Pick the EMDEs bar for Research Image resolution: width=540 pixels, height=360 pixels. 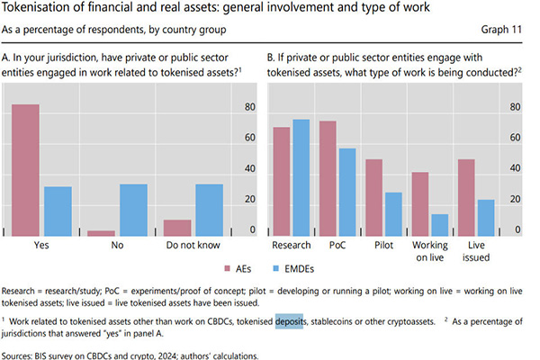tap(301, 177)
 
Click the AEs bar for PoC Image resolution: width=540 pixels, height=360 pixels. tap(328, 178)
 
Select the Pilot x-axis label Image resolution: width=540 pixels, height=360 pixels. tap(382, 244)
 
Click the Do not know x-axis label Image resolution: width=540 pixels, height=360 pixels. tap(192, 244)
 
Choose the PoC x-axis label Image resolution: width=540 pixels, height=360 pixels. tap(337, 244)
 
